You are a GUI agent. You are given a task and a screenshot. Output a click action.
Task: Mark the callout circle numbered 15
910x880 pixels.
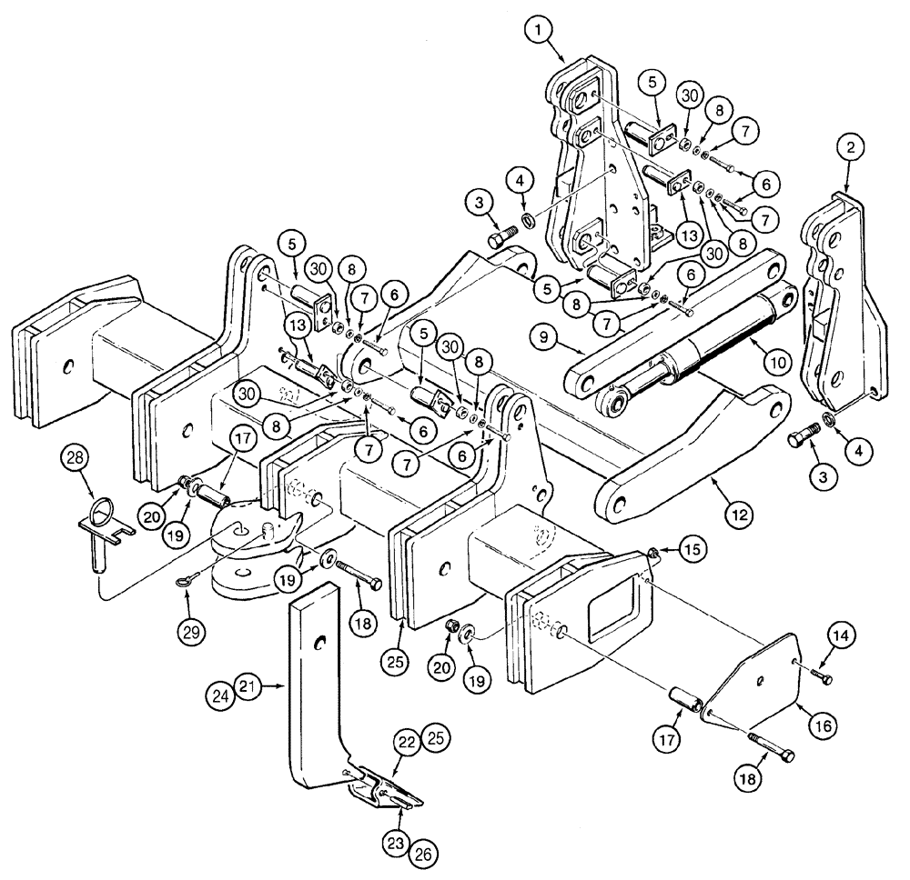click(x=694, y=549)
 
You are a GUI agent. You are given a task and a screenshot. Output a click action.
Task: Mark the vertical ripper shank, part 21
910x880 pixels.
click(x=309, y=691)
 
